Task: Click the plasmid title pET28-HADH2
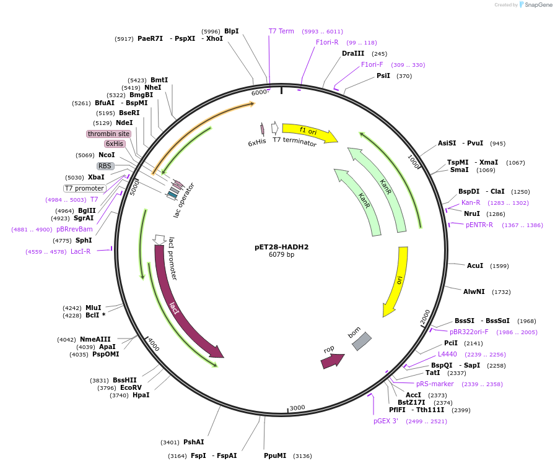[281, 246]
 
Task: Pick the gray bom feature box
[361, 342]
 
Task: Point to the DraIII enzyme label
[353, 53]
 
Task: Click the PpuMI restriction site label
[275, 455]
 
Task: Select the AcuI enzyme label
[475, 265]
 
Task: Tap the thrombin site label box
[108, 134]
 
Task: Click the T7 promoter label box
[85, 188]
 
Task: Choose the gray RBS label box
[105, 166]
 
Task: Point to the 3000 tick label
[298, 407]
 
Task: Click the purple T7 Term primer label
[281, 31]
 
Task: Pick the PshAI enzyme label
[193, 442]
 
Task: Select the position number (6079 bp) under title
[281, 254]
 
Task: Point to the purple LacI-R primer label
[81, 251]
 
